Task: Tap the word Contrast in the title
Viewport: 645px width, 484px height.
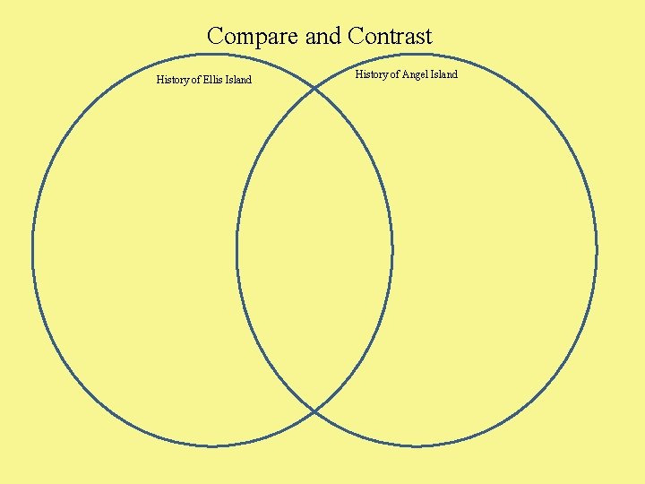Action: coord(390,36)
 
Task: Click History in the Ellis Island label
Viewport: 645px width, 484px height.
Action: coord(173,80)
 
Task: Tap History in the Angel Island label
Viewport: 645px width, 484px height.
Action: coord(372,74)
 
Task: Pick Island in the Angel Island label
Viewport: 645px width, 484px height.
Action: coord(443,74)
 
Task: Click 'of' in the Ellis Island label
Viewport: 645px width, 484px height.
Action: coord(196,80)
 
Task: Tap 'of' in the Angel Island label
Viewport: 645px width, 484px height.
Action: coord(395,74)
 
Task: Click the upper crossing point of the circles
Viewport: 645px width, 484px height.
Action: coord(314,88)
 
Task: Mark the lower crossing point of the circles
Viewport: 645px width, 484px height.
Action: coord(314,411)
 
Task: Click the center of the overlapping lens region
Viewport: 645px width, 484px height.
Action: coord(314,249)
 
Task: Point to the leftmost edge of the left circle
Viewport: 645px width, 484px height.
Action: coord(33,249)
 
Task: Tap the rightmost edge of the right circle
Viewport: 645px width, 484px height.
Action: coord(597,249)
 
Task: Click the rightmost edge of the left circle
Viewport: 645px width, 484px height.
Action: coord(392,249)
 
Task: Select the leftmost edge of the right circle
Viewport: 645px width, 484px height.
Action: coord(236,249)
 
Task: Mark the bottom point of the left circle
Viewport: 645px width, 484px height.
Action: coord(212,445)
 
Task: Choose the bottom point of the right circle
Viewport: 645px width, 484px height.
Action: coord(417,445)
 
